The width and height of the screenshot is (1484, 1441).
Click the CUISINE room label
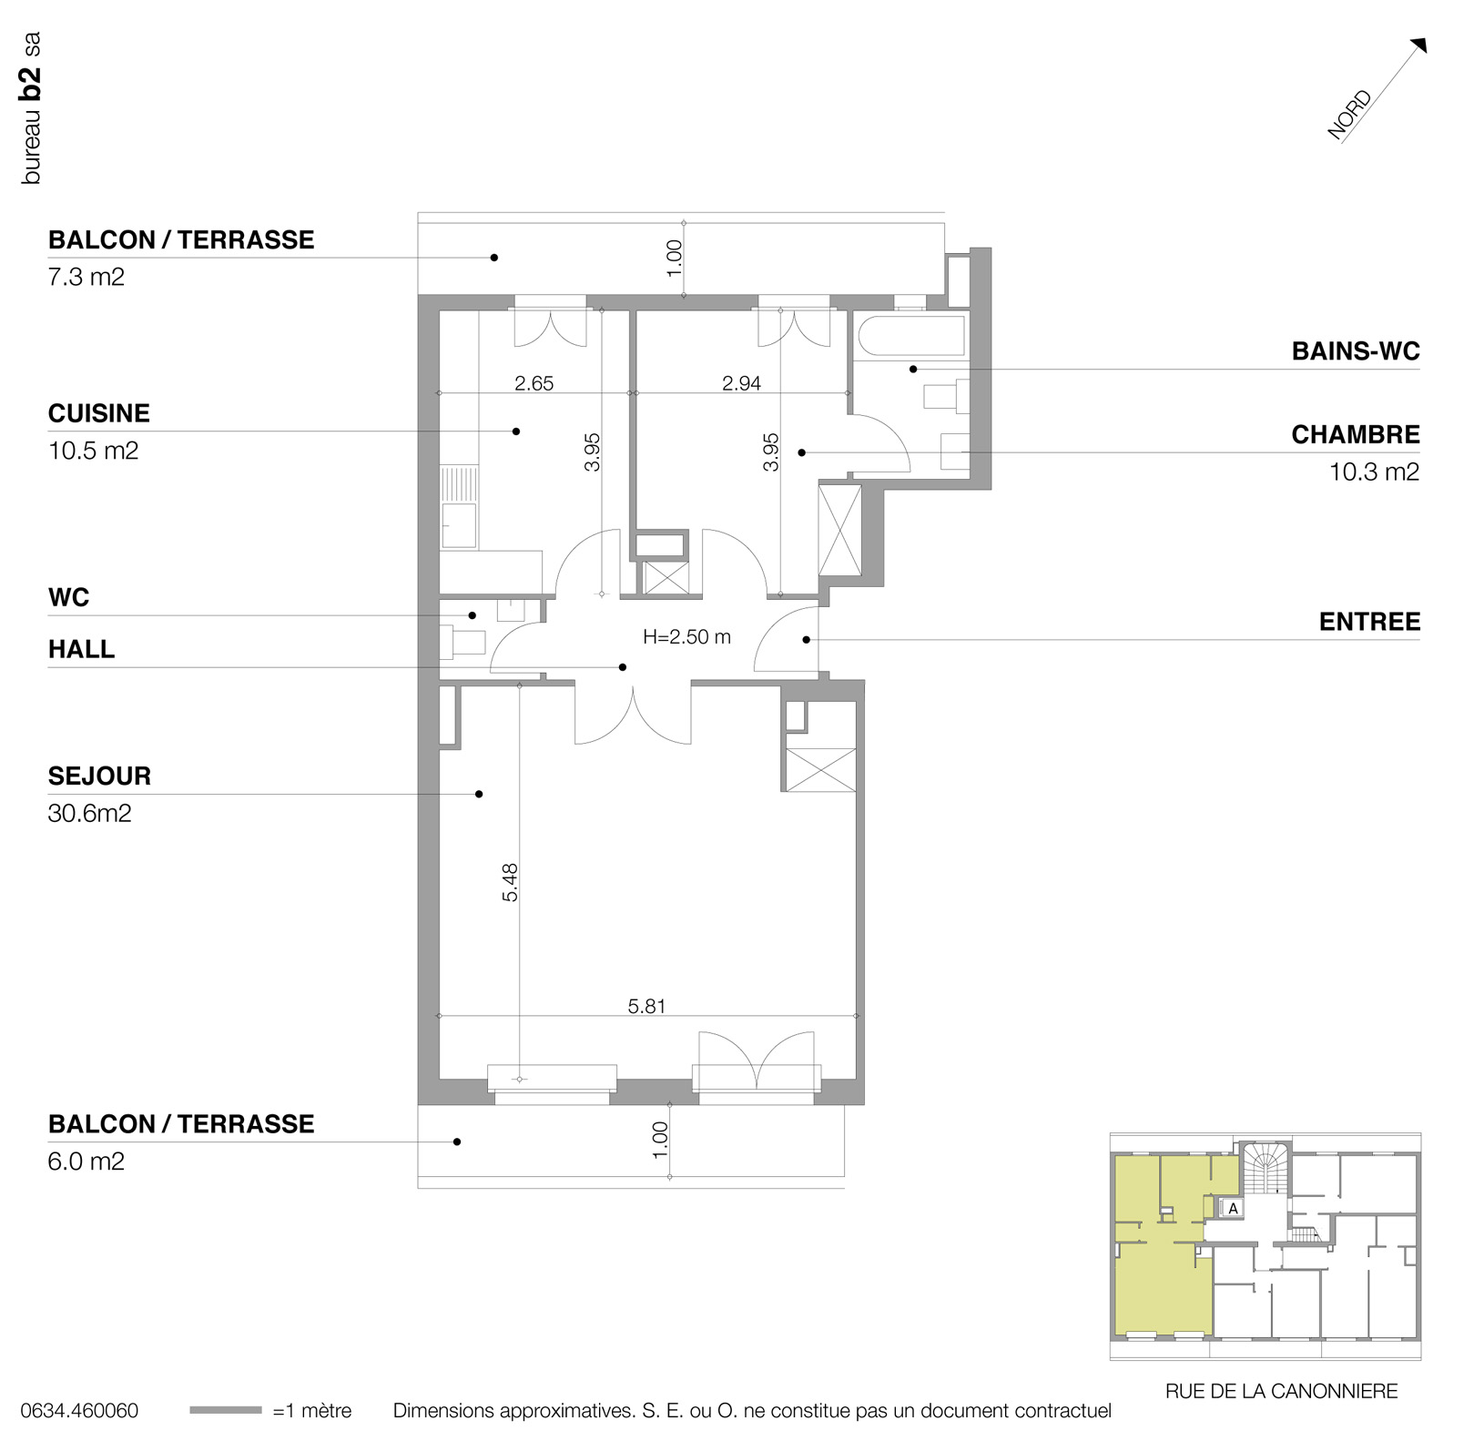(x=98, y=413)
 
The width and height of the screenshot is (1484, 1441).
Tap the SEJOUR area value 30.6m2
(x=89, y=813)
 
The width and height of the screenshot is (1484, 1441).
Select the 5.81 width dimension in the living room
(x=647, y=1006)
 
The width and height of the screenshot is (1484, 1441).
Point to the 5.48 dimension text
(x=510, y=882)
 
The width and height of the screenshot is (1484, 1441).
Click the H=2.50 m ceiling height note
(x=686, y=637)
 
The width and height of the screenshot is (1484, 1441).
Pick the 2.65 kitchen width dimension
(x=534, y=383)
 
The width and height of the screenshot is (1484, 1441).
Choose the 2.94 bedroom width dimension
(x=741, y=383)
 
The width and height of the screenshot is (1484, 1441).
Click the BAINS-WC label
(x=1356, y=351)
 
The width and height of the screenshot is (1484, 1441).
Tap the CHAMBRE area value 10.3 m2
(x=1374, y=472)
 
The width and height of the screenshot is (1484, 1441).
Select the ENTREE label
(x=1369, y=622)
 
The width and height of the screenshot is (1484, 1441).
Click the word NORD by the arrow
(x=1349, y=116)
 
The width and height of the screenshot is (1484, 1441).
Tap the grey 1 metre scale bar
(x=226, y=1411)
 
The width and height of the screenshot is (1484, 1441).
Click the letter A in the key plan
(x=1234, y=1209)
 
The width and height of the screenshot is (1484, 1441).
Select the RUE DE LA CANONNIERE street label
(x=1281, y=1391)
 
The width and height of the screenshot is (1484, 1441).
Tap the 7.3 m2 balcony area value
(x=86, y=277)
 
